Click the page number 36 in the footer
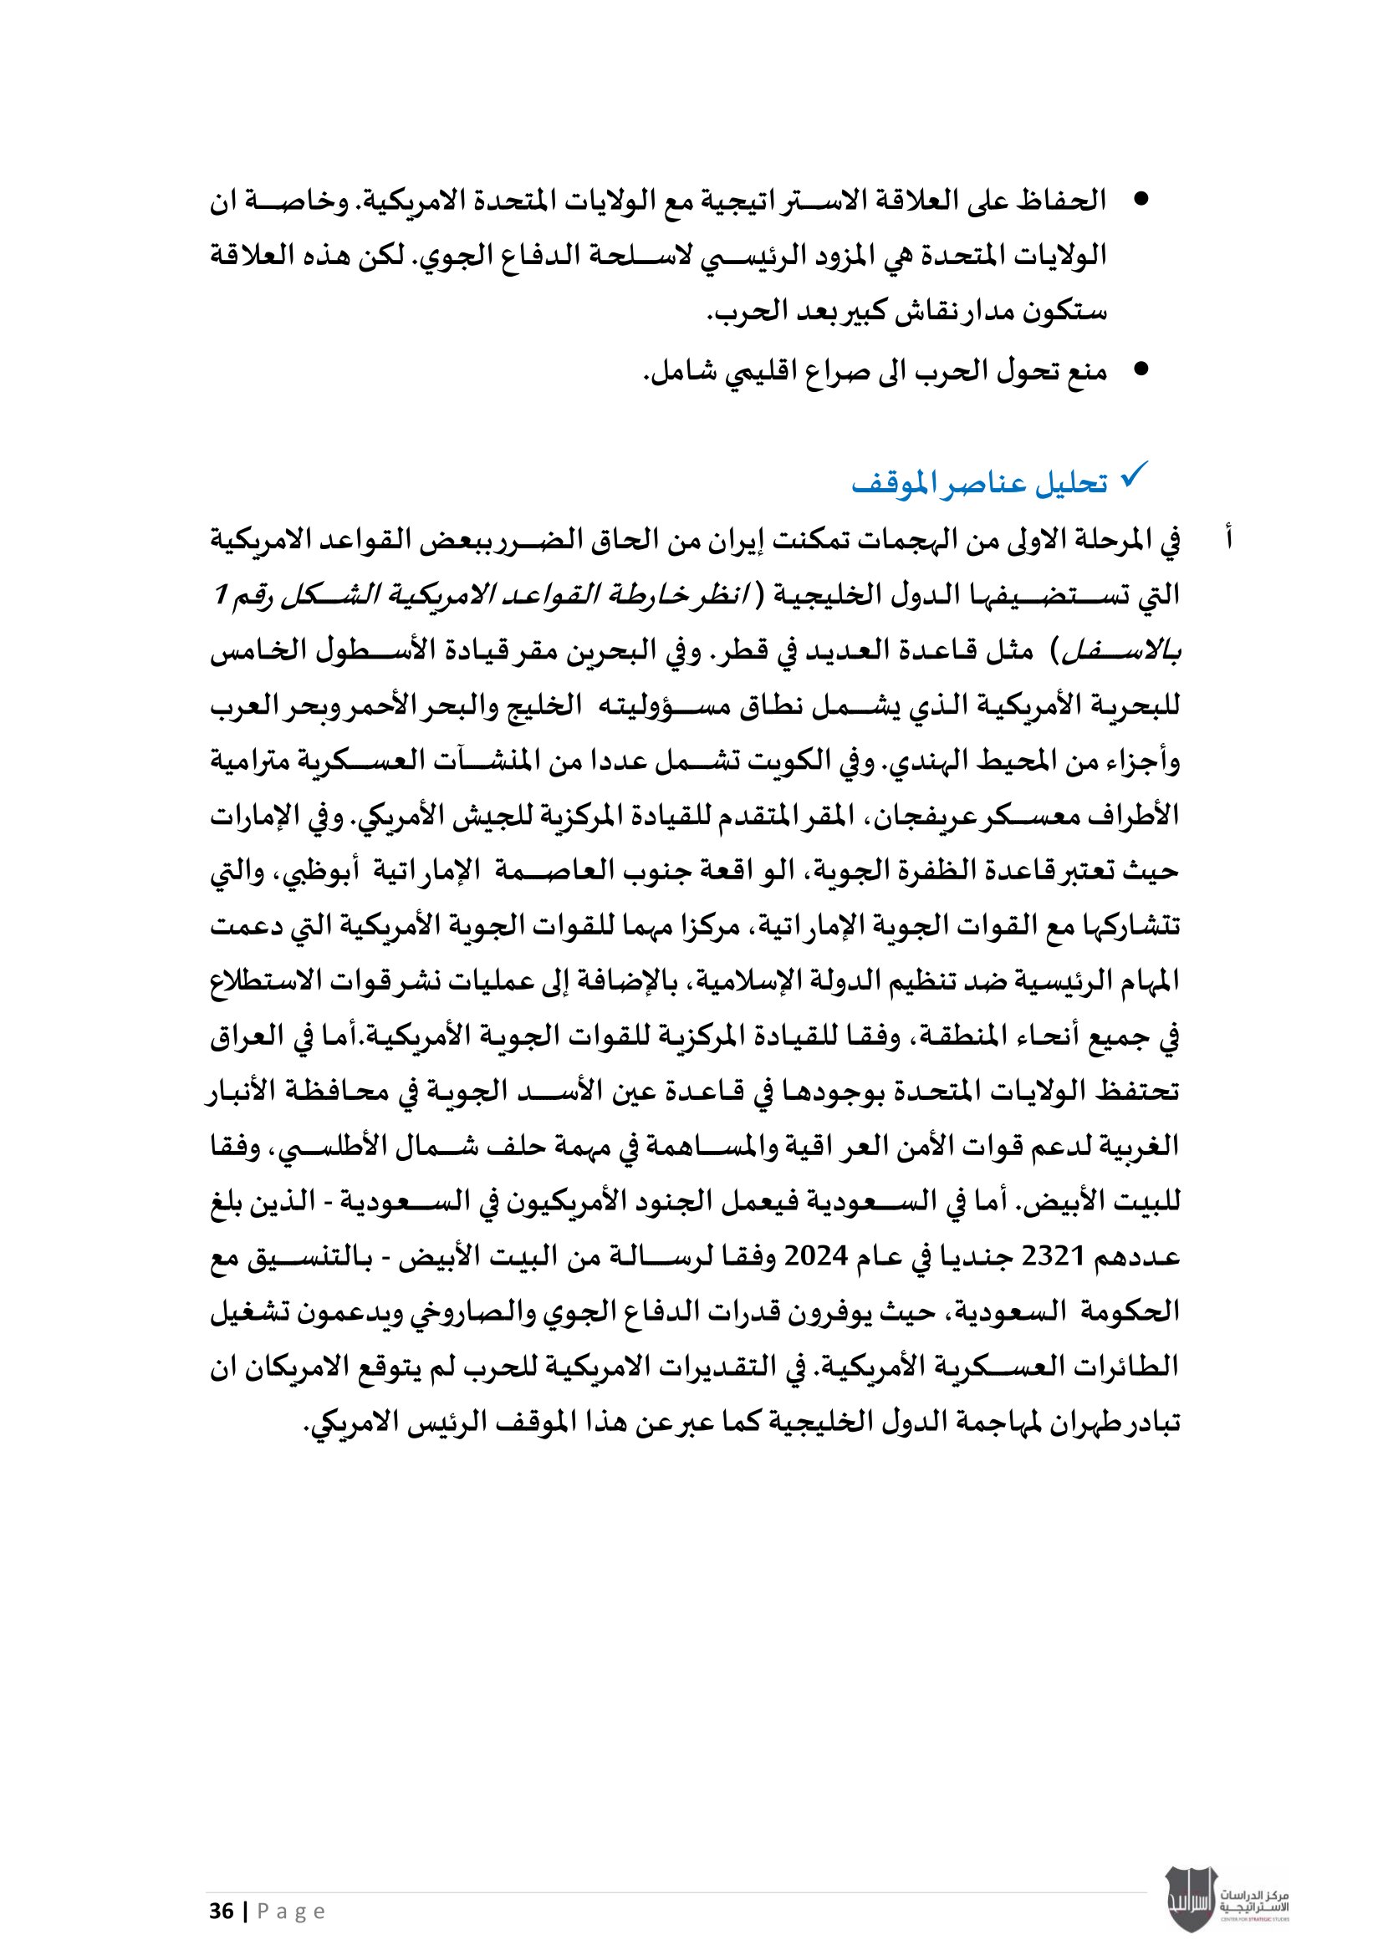tap(222, 1911)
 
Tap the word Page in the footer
tap(291, 1912)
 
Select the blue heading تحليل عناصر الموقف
tap(979, 484)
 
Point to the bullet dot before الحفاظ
tap(1141, 200)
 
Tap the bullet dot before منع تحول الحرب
tap(1141, 369)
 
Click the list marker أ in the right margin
tap(1228, 538)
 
